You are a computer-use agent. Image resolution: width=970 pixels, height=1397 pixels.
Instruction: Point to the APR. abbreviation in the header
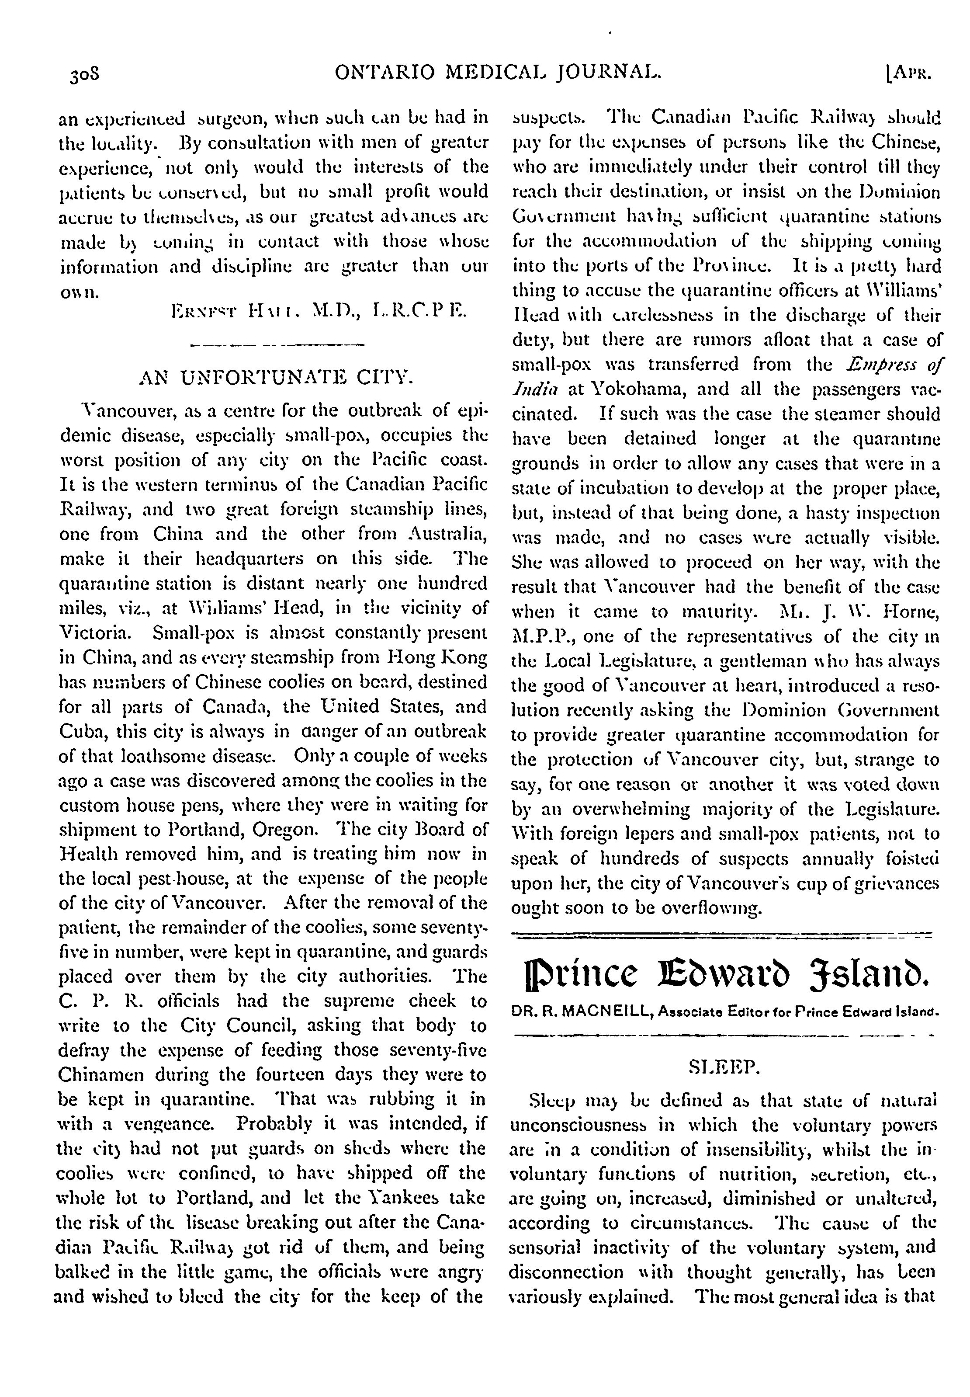coord(909,73)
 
